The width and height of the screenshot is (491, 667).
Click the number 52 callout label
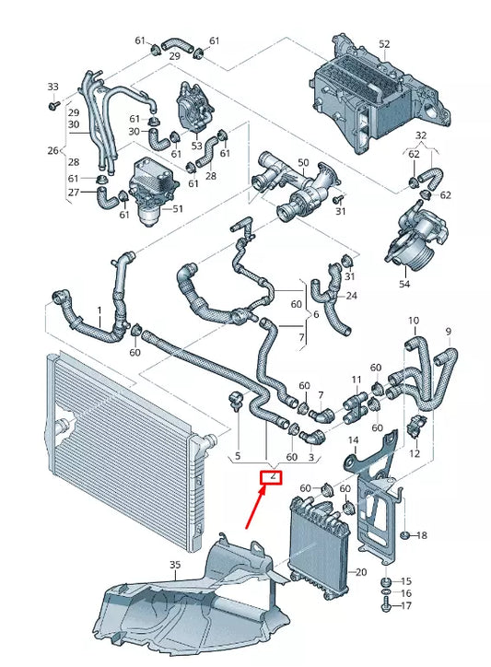coord(384,44)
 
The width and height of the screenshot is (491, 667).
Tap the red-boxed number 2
coord(272,477)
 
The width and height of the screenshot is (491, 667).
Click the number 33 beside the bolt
coord(52,88)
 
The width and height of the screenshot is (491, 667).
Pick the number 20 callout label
coord(360,572)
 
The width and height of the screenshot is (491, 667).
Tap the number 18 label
coord(421,535)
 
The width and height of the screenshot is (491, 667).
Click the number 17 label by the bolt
coord(408,606)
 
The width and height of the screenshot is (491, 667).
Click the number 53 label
coord(196,146)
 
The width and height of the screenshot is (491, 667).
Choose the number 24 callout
coord(351,296)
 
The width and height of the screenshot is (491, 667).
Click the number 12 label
coord(414,453)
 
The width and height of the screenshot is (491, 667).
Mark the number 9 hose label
coord(450,331)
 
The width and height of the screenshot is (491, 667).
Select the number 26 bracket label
coord(53,151)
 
